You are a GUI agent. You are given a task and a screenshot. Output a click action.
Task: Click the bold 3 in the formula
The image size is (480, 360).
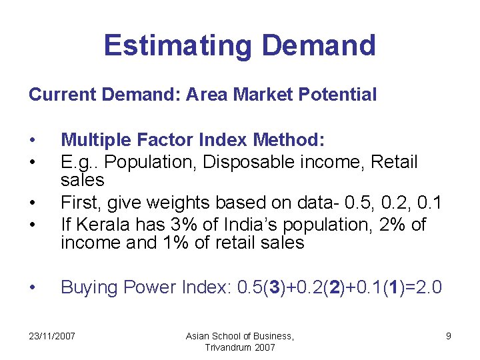click(274, 287)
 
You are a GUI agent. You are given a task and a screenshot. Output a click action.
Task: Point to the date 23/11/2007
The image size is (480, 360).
click(52, 336)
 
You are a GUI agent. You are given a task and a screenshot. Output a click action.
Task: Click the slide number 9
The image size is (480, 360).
click(449, 336)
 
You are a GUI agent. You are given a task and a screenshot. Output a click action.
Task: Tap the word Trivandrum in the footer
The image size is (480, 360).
click(227, 347)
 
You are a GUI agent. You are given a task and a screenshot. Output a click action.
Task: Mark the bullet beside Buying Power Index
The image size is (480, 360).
click(32, 287)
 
